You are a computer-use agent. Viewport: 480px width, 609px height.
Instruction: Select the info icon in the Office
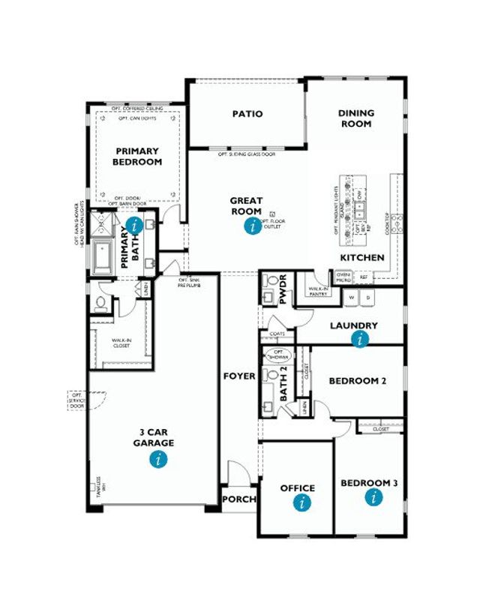point(301,503)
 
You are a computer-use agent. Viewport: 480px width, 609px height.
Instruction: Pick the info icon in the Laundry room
point(361,339)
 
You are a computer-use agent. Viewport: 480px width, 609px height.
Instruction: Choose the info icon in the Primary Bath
point(134,225)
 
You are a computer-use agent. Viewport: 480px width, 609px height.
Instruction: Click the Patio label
point(247,114)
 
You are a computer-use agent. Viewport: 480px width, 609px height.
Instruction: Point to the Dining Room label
point(356,118)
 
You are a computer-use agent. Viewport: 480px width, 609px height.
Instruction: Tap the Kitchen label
point(362,257)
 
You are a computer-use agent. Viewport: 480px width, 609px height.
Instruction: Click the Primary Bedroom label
point(137,156)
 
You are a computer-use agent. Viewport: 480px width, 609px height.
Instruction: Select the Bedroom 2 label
point(358,381)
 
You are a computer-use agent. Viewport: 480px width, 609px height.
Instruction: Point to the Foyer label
point(239,376)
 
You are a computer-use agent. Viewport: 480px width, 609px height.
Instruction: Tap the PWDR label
point(283,290)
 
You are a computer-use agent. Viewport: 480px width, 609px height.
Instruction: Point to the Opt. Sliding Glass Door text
point(247,154)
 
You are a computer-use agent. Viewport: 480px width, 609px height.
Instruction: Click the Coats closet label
point(280,334)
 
